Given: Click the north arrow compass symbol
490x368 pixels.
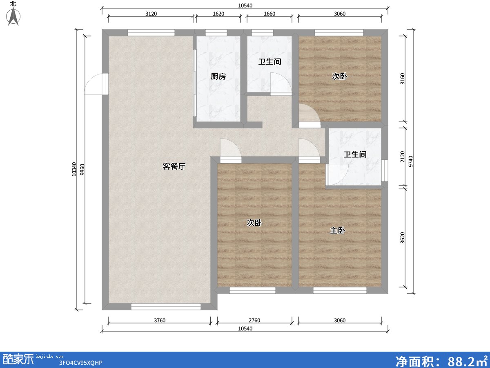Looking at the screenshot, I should tap(14, 16).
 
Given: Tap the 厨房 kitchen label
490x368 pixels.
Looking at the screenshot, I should tap(218, 76).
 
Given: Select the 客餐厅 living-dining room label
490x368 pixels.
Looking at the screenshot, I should tap(174, 166).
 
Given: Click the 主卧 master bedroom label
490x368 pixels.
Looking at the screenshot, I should tap(338, 231).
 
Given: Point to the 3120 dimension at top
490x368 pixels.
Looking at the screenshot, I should tap(151, 13).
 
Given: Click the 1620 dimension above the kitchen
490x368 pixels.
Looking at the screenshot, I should tap(218, 13).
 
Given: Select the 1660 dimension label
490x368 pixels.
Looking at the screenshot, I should tap(269, 13).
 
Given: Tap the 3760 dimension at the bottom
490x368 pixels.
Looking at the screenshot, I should tap(160, 320).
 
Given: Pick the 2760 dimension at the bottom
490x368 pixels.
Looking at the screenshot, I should tap(254, 320).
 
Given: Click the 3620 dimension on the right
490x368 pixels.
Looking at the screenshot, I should tap(403, 238).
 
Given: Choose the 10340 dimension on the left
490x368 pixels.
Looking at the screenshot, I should tap(74, 169).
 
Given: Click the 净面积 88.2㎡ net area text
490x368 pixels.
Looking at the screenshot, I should tap(441, 361).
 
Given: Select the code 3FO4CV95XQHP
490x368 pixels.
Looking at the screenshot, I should tap(80, 363).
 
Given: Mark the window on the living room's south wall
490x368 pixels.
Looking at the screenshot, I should tap(166, 306).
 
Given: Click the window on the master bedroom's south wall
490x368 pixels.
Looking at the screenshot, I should tap(340, 290).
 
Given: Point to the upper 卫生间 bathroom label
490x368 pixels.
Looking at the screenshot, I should tap(269, 62).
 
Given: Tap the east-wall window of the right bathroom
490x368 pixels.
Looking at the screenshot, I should tap(384, 171).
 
